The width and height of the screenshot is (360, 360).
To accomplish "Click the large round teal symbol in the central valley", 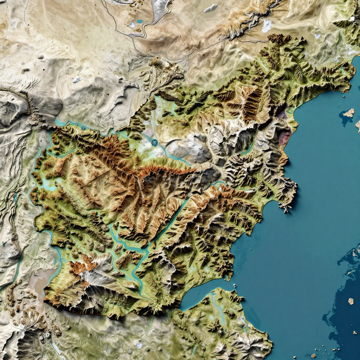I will (154, 142).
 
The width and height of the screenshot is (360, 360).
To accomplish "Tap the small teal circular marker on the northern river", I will (83, 128).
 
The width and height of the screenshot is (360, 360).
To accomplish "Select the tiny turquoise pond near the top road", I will (140, 21).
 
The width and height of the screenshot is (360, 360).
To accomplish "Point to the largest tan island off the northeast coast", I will (349, 113).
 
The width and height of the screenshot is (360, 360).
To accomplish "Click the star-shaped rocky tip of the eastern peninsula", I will (285, 209).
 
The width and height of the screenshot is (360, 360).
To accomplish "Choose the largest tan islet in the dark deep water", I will (351, 301).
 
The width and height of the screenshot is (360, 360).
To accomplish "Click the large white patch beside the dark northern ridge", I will (266, 26).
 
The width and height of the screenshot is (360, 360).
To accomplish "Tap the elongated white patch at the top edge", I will (211, 8).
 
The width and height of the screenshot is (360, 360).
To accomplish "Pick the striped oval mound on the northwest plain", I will (25, 70).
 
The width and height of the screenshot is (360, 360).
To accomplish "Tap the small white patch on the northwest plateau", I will (76, 80).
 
